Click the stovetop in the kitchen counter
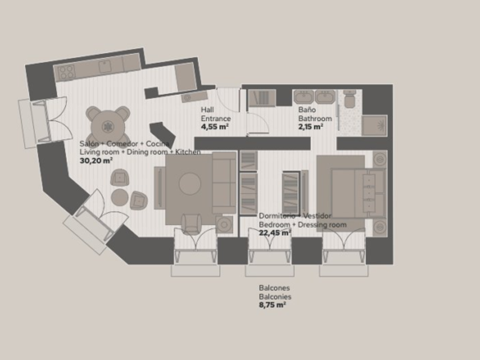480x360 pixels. [x=66, y=72]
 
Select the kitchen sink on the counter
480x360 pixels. [x=105, y=66]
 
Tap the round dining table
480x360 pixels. [x=108, y=126]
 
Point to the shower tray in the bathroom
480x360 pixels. [x=374, y=126]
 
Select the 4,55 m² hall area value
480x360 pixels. [x=215, y=126]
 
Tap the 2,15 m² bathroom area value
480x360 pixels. [x=311, y=126]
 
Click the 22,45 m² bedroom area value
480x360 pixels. [x=275, y=233]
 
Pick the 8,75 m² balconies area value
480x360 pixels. [x=273, y=305]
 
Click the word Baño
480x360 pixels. [x=307, y=110]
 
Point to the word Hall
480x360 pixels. [x=207, y=110]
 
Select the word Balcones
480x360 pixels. [x=274, y=288]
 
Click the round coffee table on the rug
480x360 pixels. [x=190, y=183]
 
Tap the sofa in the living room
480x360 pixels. [x=225, y=183]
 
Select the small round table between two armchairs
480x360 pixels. [x=119, y=197]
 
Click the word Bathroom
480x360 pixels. [x=315, y=118]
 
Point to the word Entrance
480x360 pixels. [x=216, y=118]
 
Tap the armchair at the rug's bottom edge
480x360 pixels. [x=191, y=224]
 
